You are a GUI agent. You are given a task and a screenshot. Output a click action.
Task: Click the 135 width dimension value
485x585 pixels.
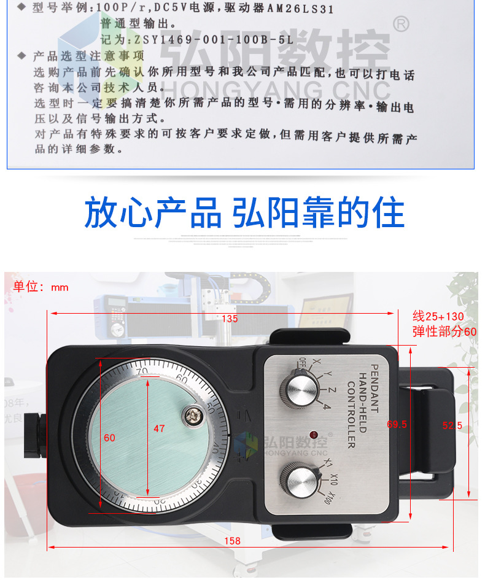229,319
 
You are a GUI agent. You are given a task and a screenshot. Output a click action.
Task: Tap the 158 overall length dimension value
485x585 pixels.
232,541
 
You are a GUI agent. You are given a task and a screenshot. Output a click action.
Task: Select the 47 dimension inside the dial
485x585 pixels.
159,428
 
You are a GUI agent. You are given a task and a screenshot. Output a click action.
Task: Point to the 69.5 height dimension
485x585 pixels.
397,424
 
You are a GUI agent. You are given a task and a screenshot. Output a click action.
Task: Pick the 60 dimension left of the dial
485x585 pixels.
109,438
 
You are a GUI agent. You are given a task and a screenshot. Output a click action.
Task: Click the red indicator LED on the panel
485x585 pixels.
314,435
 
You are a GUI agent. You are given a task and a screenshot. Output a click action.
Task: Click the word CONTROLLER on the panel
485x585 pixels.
351,415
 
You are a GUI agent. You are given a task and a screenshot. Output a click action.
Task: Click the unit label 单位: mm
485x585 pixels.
41,287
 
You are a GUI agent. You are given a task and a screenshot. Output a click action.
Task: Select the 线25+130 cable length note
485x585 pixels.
438,317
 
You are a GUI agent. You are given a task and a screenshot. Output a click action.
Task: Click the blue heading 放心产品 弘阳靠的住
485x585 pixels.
244,213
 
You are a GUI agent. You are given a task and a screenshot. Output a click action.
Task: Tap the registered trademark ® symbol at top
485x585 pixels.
400,25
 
